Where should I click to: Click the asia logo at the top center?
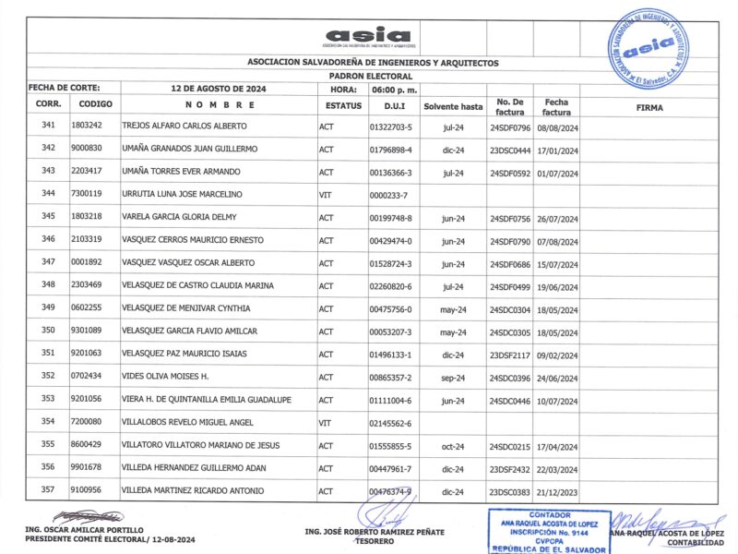click(x=368, y=36)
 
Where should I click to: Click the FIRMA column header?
click(x=649, y=107)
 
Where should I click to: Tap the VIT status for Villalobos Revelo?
click(x=325, y=422)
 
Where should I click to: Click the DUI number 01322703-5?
click(x=390, y=126)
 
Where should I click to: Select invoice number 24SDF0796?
click(x=510, y=126)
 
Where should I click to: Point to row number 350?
click(x=49, y=331)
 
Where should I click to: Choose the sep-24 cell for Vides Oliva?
click(x=452, y=377)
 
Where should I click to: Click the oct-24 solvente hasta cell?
click(x=452, y=445)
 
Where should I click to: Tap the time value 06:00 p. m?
click(x=395, y=89)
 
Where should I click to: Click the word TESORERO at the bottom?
click(x=374, y=541)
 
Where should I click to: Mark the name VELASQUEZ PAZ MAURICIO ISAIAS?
click(x=184, y=354)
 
